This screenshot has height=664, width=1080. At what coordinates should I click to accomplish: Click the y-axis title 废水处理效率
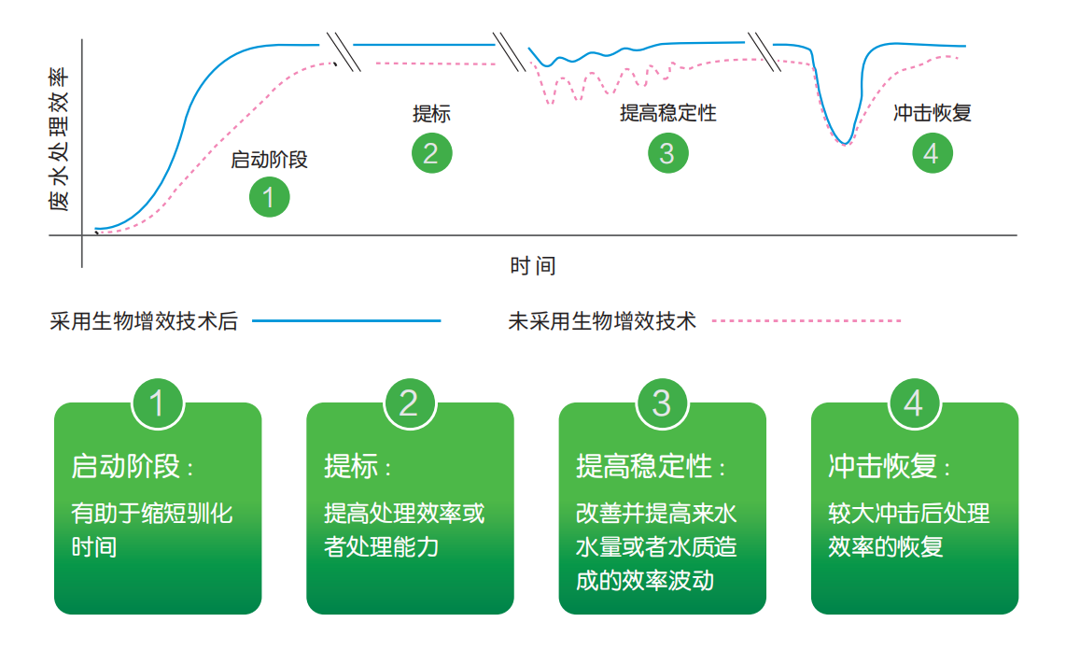pos(60,138)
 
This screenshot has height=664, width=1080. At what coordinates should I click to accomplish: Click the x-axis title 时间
pos(533,266)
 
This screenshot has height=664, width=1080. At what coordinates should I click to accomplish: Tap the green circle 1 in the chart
pos(269,197)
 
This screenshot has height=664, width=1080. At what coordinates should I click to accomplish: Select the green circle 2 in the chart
pos(431,153)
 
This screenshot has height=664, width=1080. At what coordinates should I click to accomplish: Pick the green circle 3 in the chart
pos(667,153)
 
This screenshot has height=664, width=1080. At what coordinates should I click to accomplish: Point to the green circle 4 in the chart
pos(933,153)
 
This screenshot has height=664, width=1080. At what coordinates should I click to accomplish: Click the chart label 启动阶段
pos(269,160)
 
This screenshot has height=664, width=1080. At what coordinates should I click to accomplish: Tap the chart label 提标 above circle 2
pos(431,114)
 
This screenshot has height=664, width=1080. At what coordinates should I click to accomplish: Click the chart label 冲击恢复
pos(933,113)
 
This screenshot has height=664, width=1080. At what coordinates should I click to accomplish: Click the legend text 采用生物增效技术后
pos(144,322)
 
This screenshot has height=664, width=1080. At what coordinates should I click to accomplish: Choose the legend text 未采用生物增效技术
pos(602,322)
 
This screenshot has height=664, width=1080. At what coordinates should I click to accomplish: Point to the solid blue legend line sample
pos(346,320)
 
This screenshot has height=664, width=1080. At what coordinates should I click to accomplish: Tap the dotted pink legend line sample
pos(806,320)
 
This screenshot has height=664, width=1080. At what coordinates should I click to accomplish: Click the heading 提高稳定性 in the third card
pos(644,466)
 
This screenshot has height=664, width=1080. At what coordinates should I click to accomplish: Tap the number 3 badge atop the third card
pos(662,403)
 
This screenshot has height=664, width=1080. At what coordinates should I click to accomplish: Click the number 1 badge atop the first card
pos(157,403)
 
